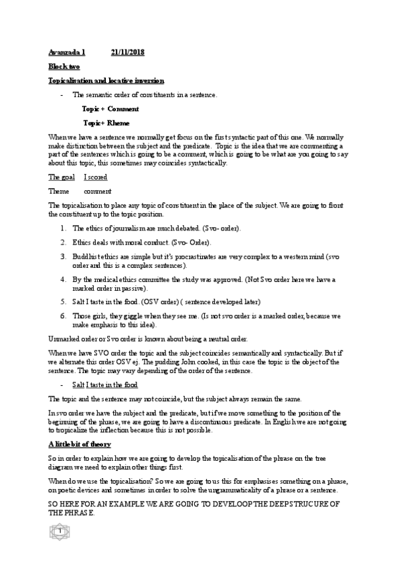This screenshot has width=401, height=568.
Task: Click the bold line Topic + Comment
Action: coord(110,109)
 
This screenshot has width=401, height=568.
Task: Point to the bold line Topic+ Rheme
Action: coord(106,123)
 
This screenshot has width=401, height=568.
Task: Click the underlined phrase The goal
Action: coord(61,177)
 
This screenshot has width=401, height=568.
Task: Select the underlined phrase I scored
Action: coord(96,177)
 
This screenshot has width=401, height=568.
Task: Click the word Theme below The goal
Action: coord(59,191)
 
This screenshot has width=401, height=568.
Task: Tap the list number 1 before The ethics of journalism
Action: coord(63,228)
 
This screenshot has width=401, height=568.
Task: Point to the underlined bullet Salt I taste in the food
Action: coord(105,384)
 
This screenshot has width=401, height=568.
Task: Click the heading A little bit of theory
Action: coord(80,445)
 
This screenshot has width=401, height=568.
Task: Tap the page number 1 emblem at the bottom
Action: coord(60,551)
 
